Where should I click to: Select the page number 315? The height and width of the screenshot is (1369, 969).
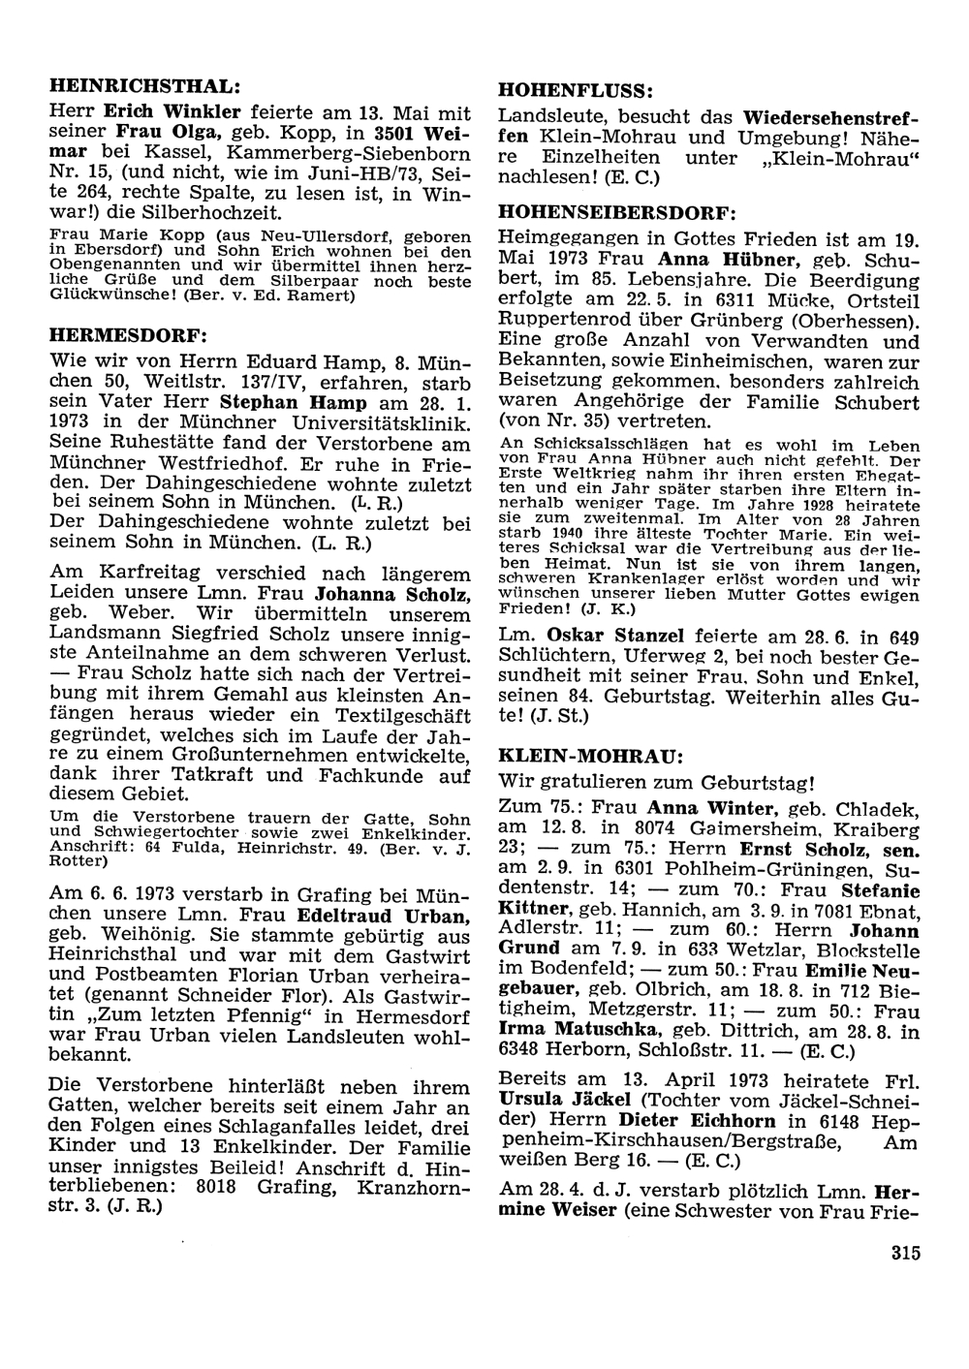click(x=902, y=1254)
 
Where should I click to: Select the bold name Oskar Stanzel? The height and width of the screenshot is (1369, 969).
click(x=615, y=636)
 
